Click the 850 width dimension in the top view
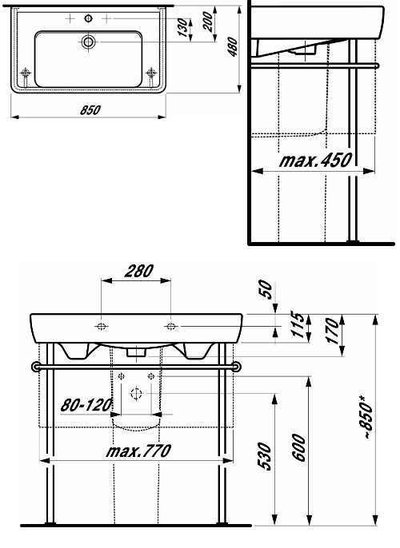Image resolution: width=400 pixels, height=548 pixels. pyautogui.click(x=90, y=109)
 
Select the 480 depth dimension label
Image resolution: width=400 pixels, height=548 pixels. pyautogui.click(x=233, y=47)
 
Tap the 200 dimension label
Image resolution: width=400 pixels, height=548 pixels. pyautogui.click(x=207, y=22)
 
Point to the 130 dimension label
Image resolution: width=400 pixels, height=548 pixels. pyautogui.click(x=183, y=28)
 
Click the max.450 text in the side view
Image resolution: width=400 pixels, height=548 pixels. pyautogui.click(x=315, y=161)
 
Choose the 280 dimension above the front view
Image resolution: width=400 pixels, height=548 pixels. pyautogui.click(x=139, y=272)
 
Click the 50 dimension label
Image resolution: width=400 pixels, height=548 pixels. pyautogui.click(x=266, y=289)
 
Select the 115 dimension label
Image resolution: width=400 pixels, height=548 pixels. pyautogui.click(x=298, y=325)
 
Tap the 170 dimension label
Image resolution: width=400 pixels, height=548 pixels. pyautogui.click(x=333, y=331)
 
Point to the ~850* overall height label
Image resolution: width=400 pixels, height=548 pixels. pyautogui.click(x=367, y=417)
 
